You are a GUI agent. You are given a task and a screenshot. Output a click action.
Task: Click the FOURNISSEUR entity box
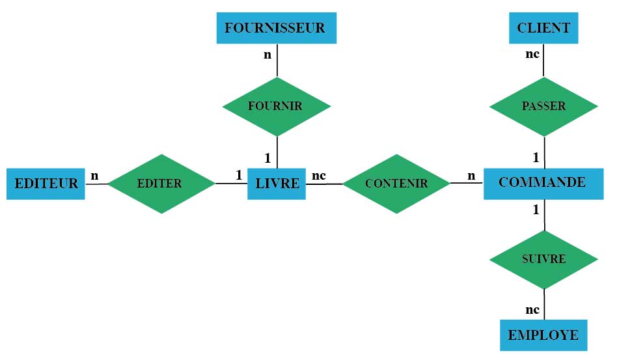click(276, 28)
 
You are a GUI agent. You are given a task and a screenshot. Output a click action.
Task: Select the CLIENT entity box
click(543, 28)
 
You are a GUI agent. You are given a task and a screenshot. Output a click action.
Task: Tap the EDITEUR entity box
click(46, 184)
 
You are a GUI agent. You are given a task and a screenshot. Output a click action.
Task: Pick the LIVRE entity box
click(277, 184)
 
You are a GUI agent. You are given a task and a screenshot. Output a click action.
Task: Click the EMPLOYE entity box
click(543, 335)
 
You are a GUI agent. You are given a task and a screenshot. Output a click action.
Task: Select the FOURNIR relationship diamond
click(276, 106)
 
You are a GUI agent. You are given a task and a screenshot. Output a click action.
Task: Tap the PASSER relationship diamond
click(543, 106)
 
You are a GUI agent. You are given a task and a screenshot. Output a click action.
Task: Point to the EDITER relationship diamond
click(160, 184)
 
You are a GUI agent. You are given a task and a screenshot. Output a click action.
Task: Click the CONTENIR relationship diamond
click(396, 184)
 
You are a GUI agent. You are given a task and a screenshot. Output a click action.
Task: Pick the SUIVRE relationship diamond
click(543, 259)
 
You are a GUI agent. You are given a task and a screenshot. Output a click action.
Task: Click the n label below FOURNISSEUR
click(267, 55)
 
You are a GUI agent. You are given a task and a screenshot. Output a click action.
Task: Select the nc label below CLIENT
click(532, 54)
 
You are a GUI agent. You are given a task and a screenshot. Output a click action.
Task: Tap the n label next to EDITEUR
click(95, 175)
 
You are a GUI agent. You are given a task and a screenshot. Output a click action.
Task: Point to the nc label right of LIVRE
click(319, 175)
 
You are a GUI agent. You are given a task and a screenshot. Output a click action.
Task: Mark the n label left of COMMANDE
click(471, 175)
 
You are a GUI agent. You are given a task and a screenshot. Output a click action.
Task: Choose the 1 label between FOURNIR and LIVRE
click(267, 158)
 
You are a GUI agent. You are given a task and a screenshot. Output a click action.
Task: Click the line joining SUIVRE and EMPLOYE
click(544, 304)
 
